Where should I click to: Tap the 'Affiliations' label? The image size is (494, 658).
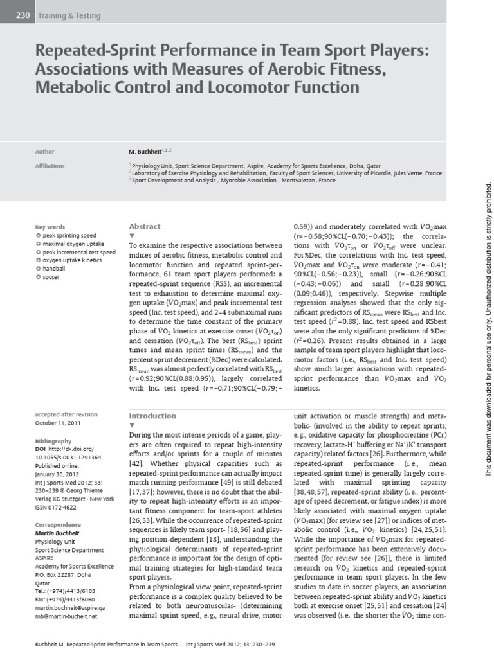tap(50, 166)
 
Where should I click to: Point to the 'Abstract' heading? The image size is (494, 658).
tap(145, 226)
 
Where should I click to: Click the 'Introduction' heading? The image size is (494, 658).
tap(152, 416)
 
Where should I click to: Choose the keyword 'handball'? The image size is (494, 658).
tap(55, 269)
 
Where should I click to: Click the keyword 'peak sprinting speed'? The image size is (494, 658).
tap(69, 236)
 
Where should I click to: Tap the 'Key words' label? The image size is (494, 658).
tap(50, 227)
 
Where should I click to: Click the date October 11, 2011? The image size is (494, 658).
tap(59, 423)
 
